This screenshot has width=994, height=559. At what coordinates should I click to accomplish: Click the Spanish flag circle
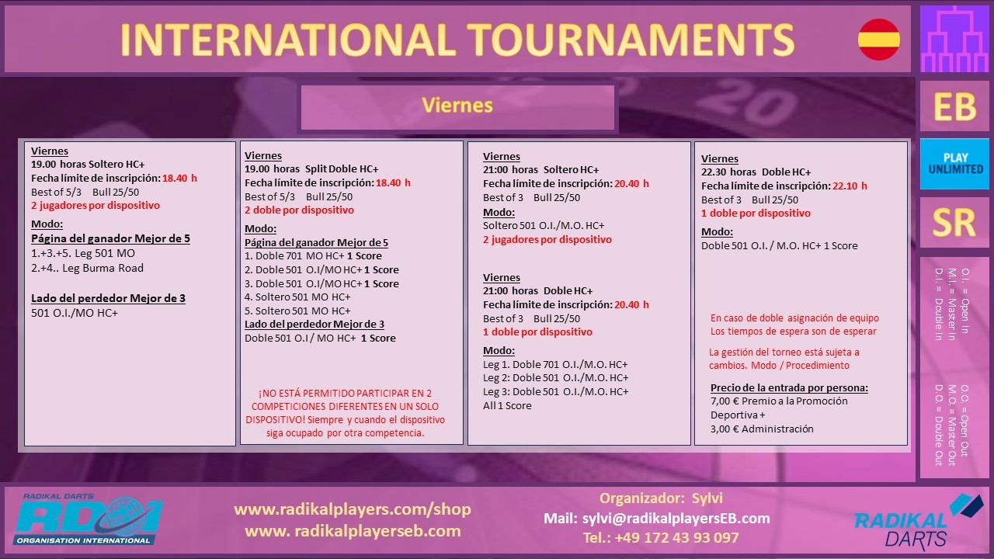tap(878, 40)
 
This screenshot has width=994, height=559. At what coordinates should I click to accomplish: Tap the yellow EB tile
tap(954, 106)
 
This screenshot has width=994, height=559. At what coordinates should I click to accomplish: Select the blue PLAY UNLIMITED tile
tap(954, 164)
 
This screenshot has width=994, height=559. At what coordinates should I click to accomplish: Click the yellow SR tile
tap(954, 222)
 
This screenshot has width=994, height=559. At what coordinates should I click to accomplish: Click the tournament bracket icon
tap(954, 39)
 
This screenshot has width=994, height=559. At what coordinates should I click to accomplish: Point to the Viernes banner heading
tap(457, 106)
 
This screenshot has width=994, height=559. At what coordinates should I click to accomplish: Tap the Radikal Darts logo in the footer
tap(918, 522)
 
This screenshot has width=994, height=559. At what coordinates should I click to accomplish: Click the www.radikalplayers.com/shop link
tap(353, 509)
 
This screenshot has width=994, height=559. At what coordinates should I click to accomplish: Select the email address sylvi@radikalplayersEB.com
tap(676, 518)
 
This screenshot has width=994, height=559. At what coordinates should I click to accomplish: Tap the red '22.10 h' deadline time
tap(850, 186)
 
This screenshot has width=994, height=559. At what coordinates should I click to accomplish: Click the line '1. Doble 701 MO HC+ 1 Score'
tap(313, 256)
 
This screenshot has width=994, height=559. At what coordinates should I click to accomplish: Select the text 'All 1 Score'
tap(507, 405)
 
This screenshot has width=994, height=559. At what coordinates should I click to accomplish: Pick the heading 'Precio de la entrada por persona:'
tap(789, 387)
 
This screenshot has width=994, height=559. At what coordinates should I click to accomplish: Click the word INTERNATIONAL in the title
tap(288, 40)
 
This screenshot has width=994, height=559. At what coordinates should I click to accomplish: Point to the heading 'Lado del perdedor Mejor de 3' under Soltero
tap(108, 298)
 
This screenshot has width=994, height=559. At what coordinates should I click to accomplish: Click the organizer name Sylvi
tap(707, 498)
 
